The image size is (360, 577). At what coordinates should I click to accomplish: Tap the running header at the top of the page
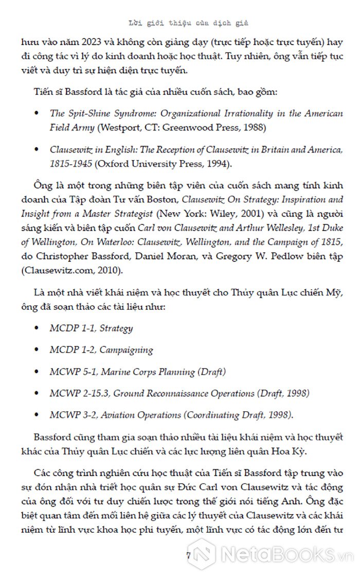(188, 23)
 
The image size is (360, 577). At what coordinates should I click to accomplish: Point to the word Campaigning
(126, 349)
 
